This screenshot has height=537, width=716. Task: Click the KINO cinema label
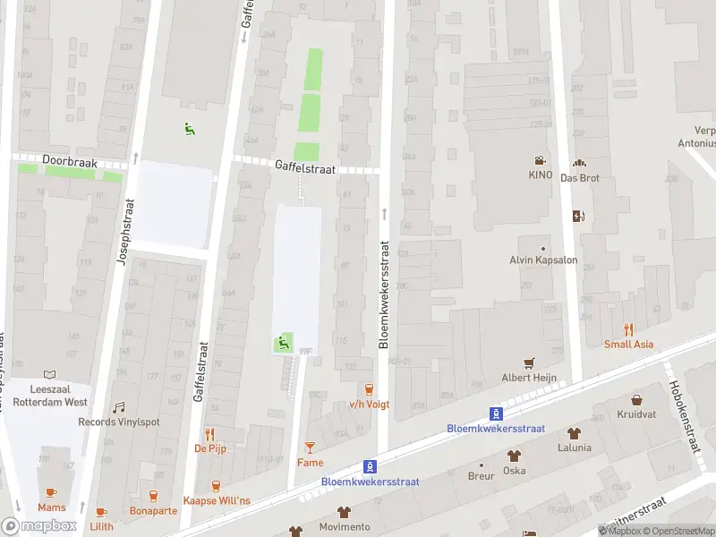point(541,175)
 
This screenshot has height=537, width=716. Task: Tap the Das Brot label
point(579,177)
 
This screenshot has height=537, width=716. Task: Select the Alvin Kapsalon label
point(543,260)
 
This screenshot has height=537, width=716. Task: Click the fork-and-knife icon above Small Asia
point(628,328)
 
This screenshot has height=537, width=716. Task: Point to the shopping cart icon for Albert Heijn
point(529,362)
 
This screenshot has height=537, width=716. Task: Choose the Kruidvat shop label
point(636,413)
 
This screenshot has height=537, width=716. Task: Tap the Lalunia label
point(574,447)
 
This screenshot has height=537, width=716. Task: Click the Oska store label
point(515,470)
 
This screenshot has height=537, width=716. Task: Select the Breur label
point(481,477)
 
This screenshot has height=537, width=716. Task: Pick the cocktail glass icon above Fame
point(310,447)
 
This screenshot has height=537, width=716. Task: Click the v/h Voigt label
point(369,404)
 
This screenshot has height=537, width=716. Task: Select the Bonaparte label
point(153,510)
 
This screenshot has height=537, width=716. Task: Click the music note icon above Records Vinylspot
point(119,407)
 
